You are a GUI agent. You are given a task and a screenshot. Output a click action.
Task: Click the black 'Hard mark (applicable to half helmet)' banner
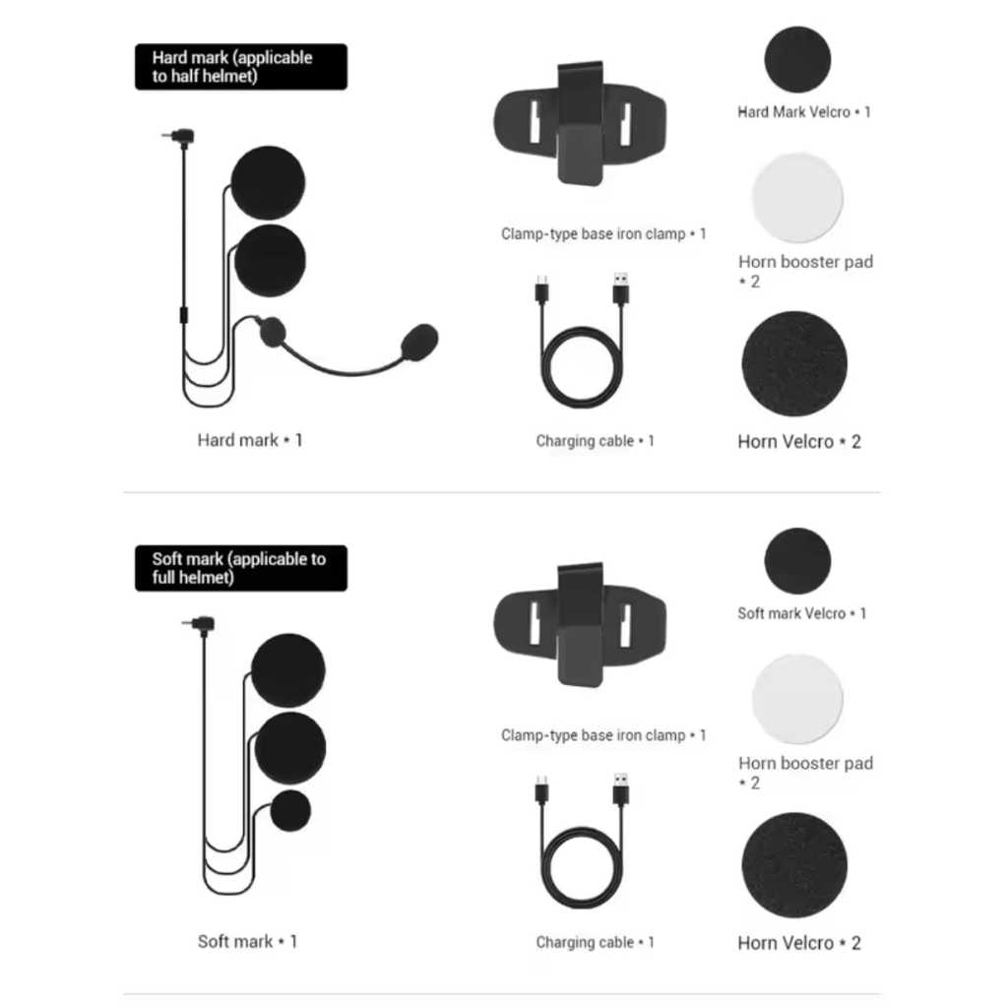240,67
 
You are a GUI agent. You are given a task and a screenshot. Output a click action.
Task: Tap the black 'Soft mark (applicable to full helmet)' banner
240,568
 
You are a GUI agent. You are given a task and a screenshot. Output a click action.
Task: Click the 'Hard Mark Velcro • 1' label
803,112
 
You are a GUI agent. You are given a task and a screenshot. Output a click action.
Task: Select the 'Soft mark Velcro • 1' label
801,613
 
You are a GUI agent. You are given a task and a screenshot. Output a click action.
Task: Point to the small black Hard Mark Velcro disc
797,60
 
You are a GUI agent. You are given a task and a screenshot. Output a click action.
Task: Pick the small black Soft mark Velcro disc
797,561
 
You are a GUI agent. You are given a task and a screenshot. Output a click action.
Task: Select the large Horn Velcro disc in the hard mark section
794,363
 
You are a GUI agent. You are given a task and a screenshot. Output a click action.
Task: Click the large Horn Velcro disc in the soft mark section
794,864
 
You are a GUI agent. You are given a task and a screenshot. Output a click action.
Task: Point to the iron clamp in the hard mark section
580,124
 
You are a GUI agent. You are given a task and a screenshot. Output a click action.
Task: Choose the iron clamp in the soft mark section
580,625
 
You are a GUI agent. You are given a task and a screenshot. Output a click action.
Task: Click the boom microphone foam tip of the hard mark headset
420,341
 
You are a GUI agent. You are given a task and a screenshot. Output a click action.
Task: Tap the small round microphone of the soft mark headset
290,811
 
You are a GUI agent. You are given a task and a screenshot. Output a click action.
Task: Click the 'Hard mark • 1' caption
250,440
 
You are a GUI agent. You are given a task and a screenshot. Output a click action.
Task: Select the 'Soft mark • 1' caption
247,941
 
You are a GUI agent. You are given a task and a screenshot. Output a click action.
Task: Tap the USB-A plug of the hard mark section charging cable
620,289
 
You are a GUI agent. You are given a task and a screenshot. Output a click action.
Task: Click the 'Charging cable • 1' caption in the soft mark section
595,942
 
